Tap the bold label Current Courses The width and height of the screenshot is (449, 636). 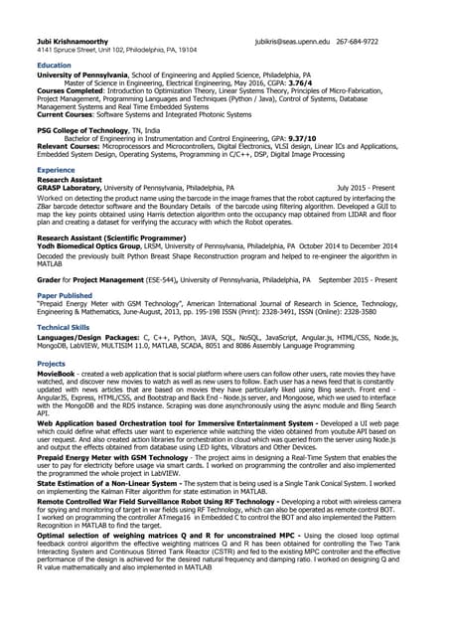[x=67, y=114]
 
